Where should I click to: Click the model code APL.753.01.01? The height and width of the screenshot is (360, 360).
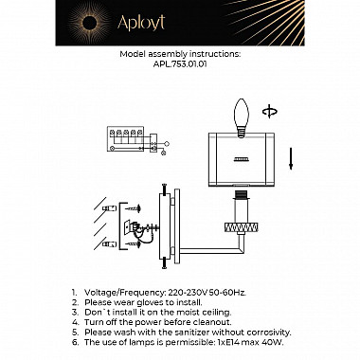click(x=179, y=66)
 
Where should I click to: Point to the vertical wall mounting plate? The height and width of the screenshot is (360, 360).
click(x=170, y=228)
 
